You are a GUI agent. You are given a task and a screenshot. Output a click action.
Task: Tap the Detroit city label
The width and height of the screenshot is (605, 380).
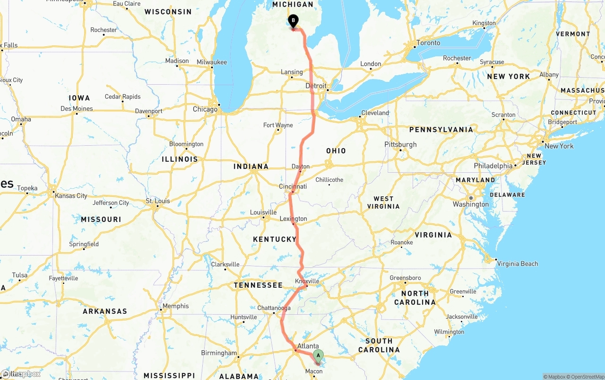point(316,86)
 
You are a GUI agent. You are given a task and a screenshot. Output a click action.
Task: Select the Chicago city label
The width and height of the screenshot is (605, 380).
point(205,109)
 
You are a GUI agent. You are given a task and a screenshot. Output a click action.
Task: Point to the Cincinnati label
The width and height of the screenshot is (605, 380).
point(293,186)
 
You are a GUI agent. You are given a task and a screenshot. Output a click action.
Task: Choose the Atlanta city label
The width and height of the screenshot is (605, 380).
point(308,346)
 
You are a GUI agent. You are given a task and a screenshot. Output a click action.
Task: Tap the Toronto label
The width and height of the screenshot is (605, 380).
point(428,43)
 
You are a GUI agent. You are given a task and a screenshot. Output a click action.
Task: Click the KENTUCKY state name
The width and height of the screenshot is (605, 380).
point(275,239)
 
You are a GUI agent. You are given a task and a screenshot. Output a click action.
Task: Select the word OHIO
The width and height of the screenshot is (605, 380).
point(336,150)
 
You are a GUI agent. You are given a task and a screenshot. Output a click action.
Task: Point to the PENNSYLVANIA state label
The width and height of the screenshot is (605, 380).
point(441,130)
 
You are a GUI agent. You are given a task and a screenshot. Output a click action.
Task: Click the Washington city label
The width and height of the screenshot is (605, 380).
point(471,204)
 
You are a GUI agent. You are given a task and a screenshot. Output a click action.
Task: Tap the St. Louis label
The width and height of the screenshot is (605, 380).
point(158,201)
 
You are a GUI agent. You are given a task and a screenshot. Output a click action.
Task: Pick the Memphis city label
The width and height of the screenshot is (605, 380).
point(175,306)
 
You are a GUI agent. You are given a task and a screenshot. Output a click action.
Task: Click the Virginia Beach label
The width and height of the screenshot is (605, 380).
point(518,264)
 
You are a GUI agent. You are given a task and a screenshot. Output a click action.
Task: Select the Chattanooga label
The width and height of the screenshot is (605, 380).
point(274,308)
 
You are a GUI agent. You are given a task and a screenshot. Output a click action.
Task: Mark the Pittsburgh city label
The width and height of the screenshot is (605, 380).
point(400,144)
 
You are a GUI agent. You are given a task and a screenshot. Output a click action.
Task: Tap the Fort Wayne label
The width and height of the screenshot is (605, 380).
point(278,125)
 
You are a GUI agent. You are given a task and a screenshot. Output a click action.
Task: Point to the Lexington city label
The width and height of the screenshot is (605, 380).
point(293,219)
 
